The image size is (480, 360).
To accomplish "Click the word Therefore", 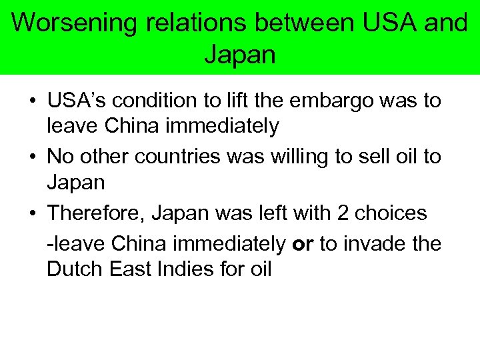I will pyautogui.click(x=96, y=214).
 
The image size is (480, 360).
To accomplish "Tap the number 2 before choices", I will pyautogui.click(x=343, y=214).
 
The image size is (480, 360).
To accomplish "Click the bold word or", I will pyautogui.click(x=303, y=243).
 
